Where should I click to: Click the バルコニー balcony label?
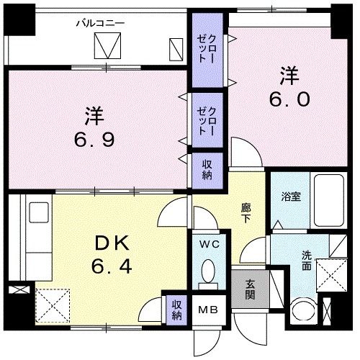pos(101,22)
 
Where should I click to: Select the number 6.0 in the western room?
pos(290,97)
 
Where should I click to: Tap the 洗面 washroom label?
pos(306,260)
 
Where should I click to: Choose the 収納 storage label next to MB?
pos(176,310)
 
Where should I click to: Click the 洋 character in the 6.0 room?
pos(289,73)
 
